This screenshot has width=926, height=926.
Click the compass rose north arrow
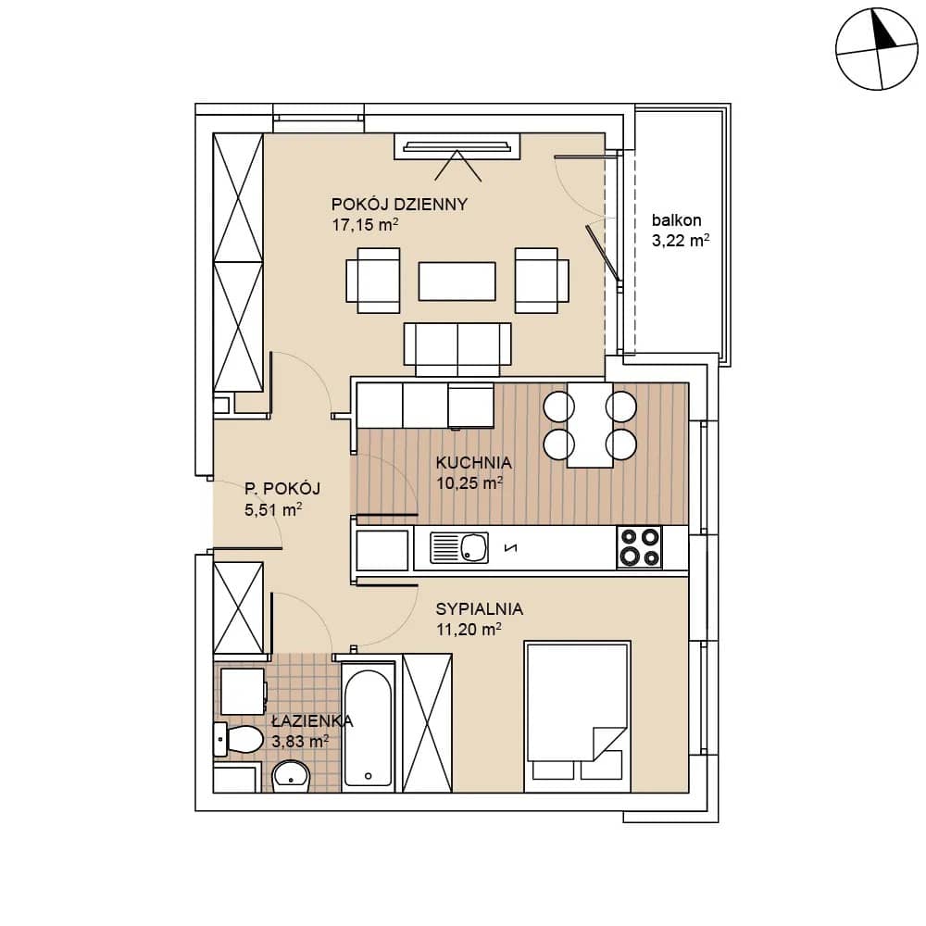pos(884,31)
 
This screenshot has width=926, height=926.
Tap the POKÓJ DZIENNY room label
pos(399,205)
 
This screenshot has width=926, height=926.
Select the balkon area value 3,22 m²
pos(681,241)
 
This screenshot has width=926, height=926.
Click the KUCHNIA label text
pos(473,462)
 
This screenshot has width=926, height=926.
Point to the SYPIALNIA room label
pos(480,609)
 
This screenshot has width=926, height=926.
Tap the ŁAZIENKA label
pos(312,721)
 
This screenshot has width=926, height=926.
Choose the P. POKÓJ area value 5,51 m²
pos(273,509)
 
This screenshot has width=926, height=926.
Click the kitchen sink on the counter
pos(459,548)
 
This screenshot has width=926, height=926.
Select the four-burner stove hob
pos(640,547)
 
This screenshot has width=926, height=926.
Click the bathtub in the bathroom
pos(368,728)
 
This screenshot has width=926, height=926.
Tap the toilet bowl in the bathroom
pos(239,739)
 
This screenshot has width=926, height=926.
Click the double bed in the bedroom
pos(578,717)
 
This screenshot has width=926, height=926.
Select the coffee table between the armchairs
pos(457,282)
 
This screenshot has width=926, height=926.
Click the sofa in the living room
pos(457,349)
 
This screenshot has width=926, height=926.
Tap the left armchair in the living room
pos(373,281)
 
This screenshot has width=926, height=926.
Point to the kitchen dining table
pos(590,425)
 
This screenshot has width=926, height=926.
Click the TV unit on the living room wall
pos(457,146)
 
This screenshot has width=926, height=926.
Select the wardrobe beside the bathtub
pos(427,723)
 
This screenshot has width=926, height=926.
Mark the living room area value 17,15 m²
pos(365,224)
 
